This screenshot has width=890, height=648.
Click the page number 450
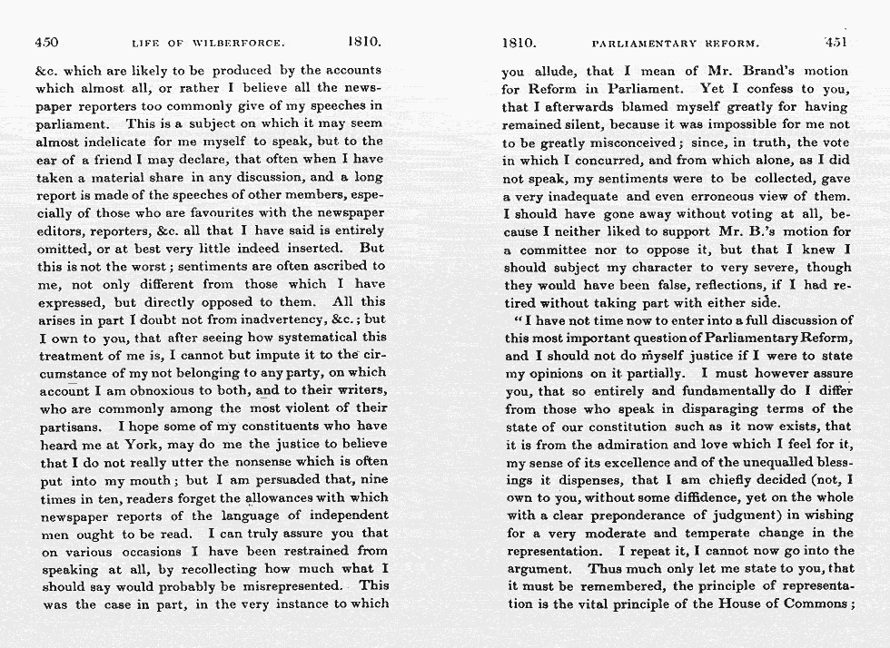click(48, 42)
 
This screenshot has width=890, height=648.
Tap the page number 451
click(835, 42)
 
